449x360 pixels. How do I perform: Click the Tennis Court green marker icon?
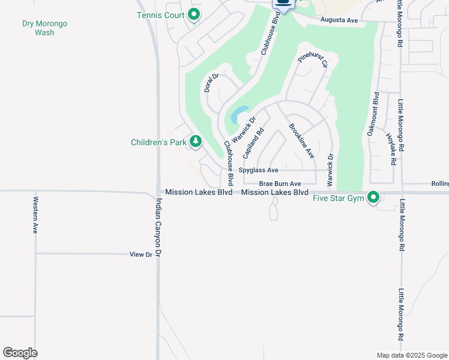coord(194,14)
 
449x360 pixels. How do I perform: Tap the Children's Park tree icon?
coord(195,142)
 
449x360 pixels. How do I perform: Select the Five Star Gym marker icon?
coord(373,197)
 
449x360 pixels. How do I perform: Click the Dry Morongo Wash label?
coord(44,28)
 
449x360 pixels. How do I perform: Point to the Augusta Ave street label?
coord(339,20)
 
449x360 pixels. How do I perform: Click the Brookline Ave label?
coord(301,140)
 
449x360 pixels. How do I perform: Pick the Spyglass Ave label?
coord(258,170)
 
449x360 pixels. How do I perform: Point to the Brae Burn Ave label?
coord(280,184)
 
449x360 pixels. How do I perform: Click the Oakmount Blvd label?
coord(372,113)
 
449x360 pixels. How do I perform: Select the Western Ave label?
coord(36,215)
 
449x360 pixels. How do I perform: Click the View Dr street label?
coord(141,254)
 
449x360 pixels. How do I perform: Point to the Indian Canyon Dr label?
coord(159,227)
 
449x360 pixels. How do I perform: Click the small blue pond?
coord(239,113)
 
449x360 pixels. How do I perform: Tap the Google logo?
coord(20,353)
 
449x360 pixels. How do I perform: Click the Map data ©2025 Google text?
coord(411,355)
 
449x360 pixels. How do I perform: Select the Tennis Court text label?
coord(160,15)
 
